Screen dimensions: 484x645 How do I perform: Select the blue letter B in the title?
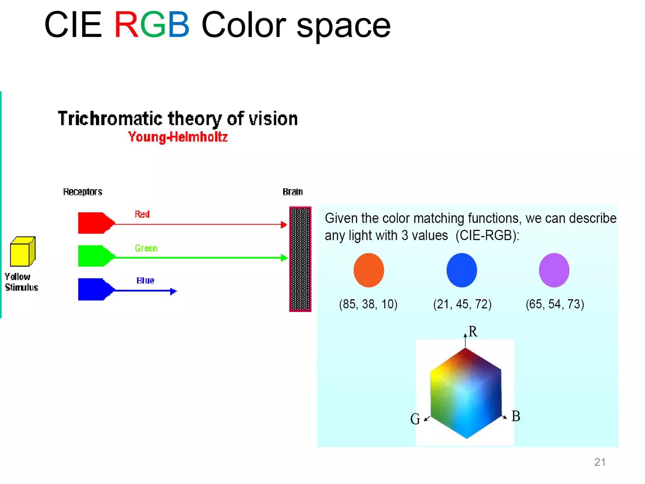click(x=178, y=25)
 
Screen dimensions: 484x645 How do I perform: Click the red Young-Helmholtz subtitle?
click(x=178, y=137)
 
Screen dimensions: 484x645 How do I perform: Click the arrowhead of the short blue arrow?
click(x=174, y=291)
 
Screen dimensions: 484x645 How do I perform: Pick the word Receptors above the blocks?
click(x=83, y=192)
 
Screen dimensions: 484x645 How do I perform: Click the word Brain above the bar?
click(x=293, y=192)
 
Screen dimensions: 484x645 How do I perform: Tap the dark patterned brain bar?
click(x=300, y=259)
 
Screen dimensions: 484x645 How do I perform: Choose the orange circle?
click(x=369, y=270)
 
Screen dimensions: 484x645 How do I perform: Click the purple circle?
click(x=554, y=270)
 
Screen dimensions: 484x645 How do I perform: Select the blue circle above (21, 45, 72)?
click(x=462, y=270)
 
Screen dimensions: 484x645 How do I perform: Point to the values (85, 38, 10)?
click(x=368, y=304)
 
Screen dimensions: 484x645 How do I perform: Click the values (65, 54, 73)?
click(x=555, y=304)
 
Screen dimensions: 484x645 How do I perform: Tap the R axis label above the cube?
click(x=473, y=331)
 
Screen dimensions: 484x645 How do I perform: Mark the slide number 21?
click(x=600, y=462)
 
